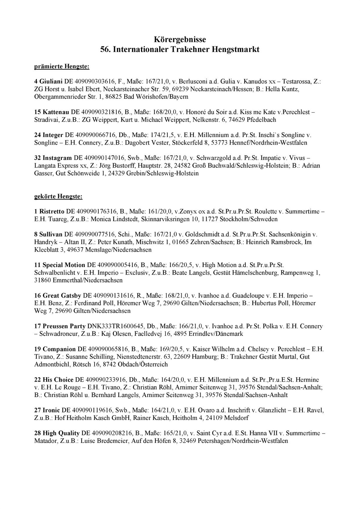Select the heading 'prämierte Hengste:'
pyautogui.click(x=62, y=66)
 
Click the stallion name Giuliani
pyautogui.click(x=51, y=81)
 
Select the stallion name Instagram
pyautogui.click(x=57, y=158)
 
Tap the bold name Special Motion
pyautogui.click(x=64, y=265)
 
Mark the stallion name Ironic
pyautogui.click(x=52, y=410)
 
